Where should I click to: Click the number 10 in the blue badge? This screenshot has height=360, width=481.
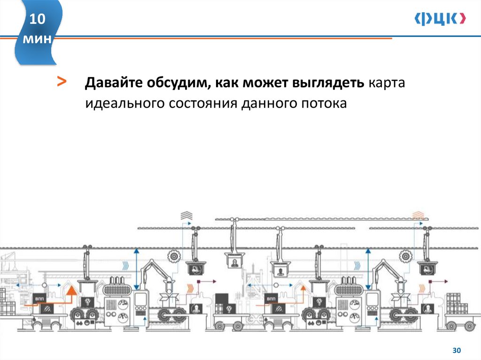[38, 20]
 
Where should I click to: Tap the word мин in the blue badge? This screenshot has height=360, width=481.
[38, 40]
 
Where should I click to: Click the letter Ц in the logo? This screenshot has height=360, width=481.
[440, 19]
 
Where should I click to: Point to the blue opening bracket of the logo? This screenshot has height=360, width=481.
[418, 18]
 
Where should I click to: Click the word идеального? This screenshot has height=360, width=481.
[121, 103]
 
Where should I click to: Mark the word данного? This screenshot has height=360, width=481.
[267, 103]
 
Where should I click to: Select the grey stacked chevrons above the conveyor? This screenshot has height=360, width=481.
[186, 215]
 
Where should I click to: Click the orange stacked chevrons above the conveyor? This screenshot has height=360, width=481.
[418, 215]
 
